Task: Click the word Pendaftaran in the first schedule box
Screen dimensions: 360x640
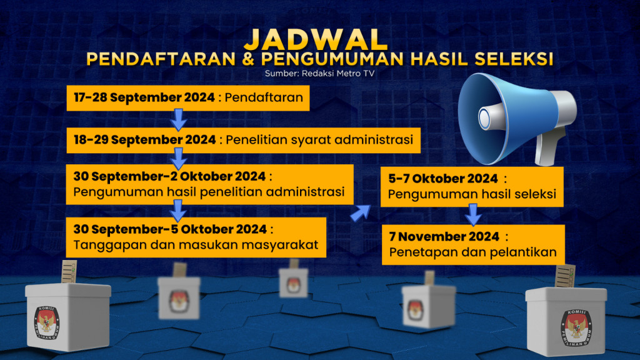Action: (264, 97)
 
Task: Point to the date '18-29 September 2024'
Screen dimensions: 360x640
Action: (144, 139)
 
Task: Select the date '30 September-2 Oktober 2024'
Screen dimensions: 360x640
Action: (170, 176)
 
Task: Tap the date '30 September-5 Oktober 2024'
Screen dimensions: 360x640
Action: (170, 228)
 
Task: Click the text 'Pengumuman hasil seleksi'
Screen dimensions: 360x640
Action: (472, 194)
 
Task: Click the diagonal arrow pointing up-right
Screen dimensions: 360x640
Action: (361, 212)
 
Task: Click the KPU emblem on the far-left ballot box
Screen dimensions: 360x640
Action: (47, 321)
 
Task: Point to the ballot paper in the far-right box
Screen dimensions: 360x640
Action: (565, 276)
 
